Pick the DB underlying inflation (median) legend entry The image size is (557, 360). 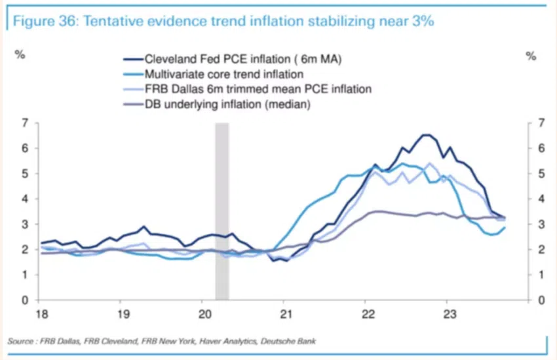click(x=227, y=103)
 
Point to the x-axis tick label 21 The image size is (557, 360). click(x=283, y=313)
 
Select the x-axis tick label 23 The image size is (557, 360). click(x=446, y=313)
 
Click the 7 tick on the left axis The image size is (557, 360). click(x=24, y=123)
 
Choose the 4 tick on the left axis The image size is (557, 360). click(x=24, y=199)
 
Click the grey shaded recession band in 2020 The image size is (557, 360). click(x=222, y=210)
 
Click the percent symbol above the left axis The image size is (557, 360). click(x=20, y=55)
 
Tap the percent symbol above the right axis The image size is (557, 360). click(x=531, y=56)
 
